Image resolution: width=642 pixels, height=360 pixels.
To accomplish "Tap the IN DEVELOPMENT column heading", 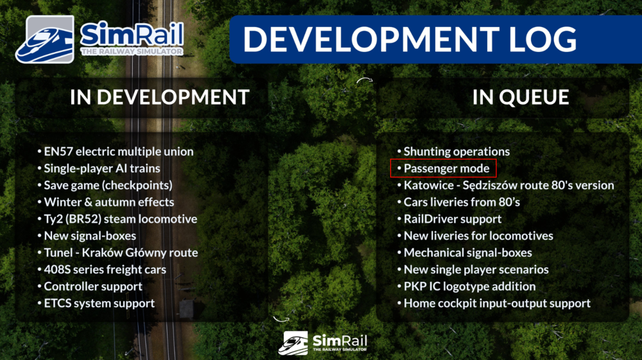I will [159, 97].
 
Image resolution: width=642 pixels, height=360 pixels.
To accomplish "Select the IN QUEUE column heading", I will [521, 97].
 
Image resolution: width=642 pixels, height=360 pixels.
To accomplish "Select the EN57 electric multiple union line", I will [118, 152].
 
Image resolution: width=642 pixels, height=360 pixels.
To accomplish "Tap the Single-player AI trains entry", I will [101, 169].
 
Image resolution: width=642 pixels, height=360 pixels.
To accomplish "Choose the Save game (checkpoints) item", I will [108, 185].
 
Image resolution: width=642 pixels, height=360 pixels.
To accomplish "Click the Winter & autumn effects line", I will [108, 202].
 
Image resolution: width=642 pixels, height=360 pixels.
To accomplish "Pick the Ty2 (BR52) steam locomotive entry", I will [120, 219].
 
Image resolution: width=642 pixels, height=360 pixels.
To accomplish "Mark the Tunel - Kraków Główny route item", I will [121, 252].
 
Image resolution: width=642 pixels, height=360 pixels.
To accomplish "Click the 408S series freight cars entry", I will [105, 270].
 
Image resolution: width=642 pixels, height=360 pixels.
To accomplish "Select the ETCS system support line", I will [99, 303].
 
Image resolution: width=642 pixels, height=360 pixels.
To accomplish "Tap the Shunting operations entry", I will [456, 152].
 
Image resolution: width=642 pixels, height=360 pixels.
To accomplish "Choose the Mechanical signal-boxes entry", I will [467, 253].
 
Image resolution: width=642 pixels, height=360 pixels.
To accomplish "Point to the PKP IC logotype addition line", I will [469, 286].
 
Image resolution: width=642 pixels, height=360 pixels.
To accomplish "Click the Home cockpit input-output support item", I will [497, 303].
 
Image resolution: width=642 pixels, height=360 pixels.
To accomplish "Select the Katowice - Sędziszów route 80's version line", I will [508, 185].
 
